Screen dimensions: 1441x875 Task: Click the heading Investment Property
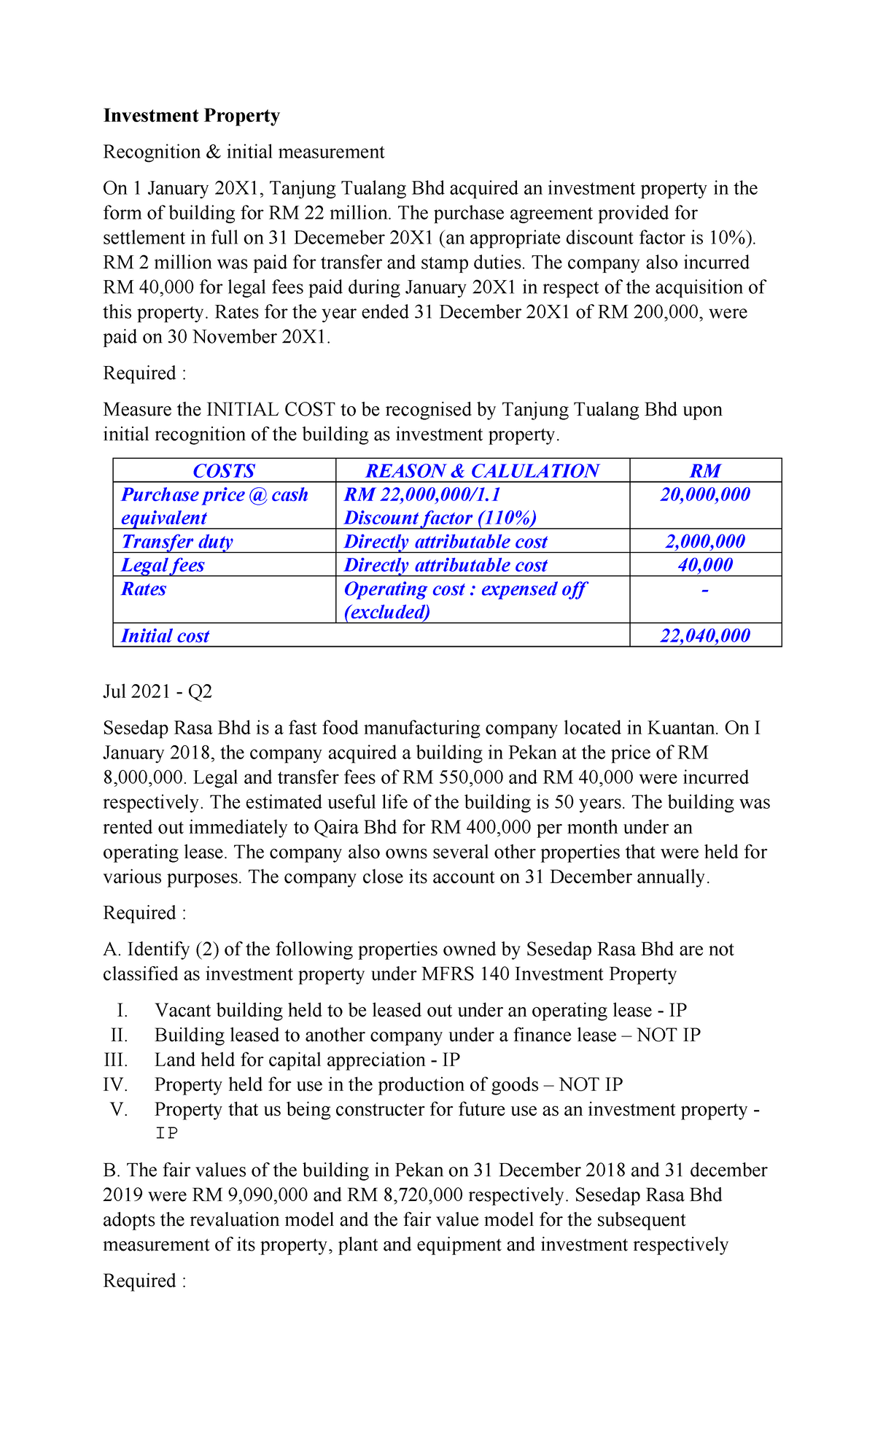(x=191, y=116)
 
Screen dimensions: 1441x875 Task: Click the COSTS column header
(x=224, y=471)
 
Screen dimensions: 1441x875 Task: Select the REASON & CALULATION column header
(x=482, y=471)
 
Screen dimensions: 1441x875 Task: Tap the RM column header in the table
(x=705, y=471)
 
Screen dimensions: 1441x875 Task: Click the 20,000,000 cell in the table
(x=705, y=495)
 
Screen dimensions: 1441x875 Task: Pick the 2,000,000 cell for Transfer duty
(x=705, y=542)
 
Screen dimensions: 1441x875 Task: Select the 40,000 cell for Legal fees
(x=705, y=565)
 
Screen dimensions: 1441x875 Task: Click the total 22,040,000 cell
(x=705, y=636)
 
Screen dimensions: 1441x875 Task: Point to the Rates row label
(x=144, y=589)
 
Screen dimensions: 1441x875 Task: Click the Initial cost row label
(x=165, y=636)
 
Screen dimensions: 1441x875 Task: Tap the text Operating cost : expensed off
(x=464, y=589)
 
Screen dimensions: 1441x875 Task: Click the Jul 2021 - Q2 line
(x=157, y=691)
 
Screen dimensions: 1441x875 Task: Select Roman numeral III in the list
(x=116, y=1060)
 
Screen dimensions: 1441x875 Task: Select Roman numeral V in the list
(x=119, y=1110)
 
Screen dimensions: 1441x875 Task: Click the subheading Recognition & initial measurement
(x=244, y=152)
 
